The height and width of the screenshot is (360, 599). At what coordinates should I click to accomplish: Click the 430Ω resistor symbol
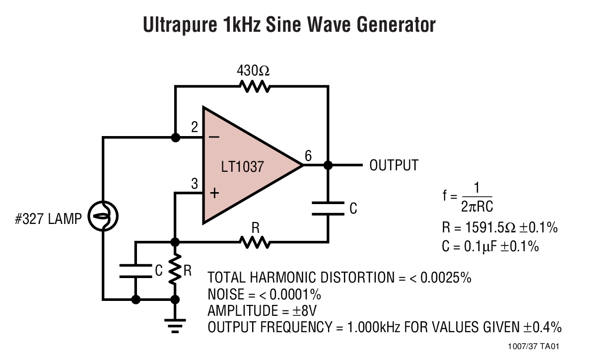255,87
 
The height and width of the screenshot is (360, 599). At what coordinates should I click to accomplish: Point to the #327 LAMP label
48,219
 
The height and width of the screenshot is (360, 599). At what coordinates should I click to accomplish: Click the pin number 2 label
195,128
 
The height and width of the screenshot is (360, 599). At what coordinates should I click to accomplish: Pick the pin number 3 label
195,184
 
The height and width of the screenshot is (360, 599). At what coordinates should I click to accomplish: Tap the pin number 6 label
308,156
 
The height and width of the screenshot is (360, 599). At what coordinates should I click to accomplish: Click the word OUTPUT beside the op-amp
394,165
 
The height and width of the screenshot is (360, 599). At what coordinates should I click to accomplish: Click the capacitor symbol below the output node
328,209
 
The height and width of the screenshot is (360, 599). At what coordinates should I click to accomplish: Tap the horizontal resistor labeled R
255,242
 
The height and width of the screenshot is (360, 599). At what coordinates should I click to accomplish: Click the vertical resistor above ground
175,271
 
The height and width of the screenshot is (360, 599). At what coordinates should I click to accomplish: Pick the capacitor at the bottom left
135,271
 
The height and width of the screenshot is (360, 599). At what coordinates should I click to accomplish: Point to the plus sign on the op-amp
214,193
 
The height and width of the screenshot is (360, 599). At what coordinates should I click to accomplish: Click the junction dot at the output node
328,165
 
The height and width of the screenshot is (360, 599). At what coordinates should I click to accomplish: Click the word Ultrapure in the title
180,24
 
